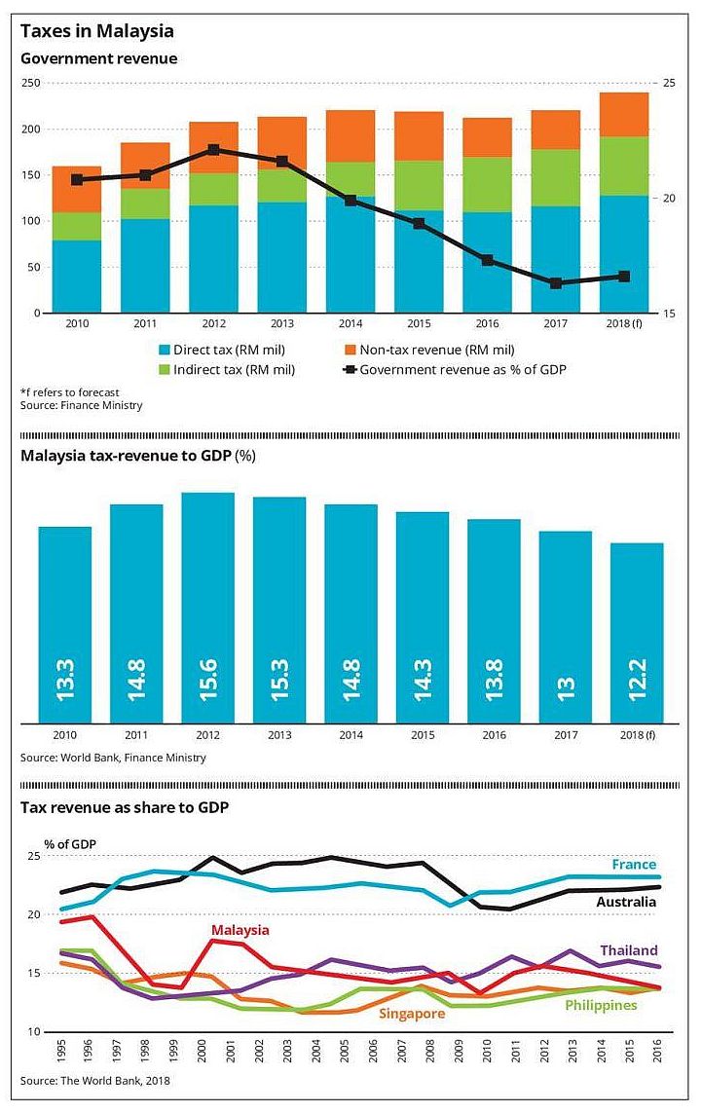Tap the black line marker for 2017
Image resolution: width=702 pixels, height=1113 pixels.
pos(556,283)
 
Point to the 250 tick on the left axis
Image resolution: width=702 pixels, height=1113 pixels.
pos(30,84)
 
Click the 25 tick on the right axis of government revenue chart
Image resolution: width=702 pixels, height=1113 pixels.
pos(669,84)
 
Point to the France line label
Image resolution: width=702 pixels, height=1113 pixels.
pos(634,864)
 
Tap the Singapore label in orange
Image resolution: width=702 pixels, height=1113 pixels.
pos(413,1014)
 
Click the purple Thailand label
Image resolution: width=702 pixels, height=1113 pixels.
pos(628,950)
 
